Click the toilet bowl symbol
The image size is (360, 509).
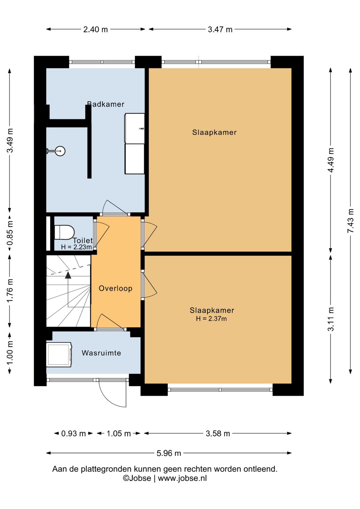[65, 232]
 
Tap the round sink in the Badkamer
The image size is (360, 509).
[60, 151]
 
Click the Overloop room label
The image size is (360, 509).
[115, 289]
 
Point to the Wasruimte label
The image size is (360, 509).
[101, 353]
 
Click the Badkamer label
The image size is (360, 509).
[106, 104]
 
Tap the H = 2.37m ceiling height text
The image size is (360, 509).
[211, 319]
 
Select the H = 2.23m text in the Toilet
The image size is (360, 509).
[77, 247]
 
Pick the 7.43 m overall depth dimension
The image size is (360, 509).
[351, 220]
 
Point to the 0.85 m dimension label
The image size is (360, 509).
[10, 233]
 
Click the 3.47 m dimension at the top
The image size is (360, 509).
[220, 29]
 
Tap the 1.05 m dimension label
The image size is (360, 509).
[119, 434]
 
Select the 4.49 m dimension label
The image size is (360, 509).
[331, 160]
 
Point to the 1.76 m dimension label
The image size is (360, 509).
[10, 291]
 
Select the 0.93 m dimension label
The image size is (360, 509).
[73, 434]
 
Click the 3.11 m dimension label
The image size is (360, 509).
[331, 319]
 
